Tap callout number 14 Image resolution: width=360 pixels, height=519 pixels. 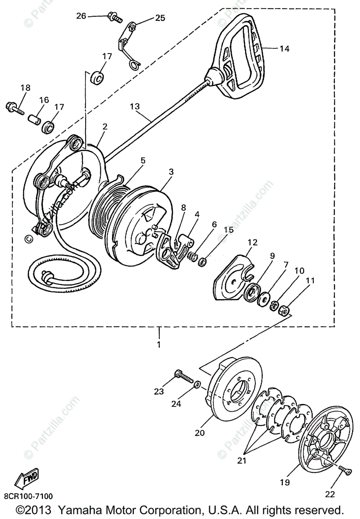click(284, 49)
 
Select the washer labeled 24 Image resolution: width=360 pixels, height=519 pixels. click(197, 384)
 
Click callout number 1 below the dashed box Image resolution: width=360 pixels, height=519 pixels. click(159, 345)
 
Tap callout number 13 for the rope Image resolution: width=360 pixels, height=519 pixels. click(135, 106)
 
